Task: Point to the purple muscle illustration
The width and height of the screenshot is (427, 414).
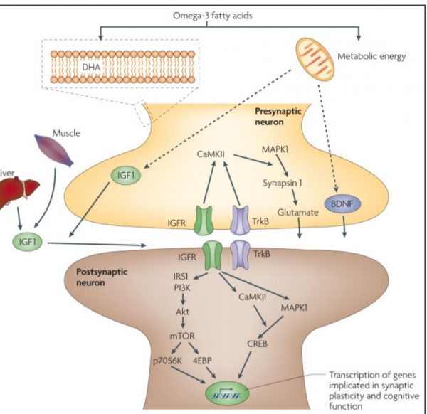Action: [x=53, y=150]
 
